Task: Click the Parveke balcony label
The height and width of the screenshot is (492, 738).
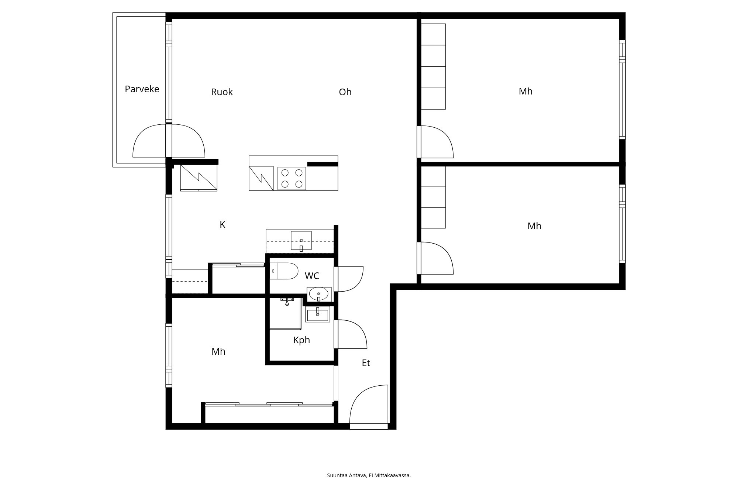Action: coord(142,89)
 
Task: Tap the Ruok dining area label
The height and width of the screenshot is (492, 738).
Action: coord(222,92)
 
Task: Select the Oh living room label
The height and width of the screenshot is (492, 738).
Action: coord(345,92)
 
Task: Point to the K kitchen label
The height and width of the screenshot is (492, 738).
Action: coord(222,224)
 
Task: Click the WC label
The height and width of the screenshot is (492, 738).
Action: coord(312,276)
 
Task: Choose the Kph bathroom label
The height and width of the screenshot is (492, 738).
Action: coord(301,340)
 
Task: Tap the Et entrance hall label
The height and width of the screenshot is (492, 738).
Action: coord(366,363)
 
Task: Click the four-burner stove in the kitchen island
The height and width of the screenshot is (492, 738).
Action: coord(292,178)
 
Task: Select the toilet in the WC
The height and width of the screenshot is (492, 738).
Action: coord(284,271)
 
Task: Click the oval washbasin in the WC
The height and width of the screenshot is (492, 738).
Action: coord(318,294)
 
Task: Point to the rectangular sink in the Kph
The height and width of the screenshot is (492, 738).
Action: coord(318,314)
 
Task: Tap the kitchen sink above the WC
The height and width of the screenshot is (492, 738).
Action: coord(301,241)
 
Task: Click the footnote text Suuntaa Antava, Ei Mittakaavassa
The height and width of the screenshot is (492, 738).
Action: coord(369,475)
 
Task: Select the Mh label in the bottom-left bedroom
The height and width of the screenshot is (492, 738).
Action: coord(218,351)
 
